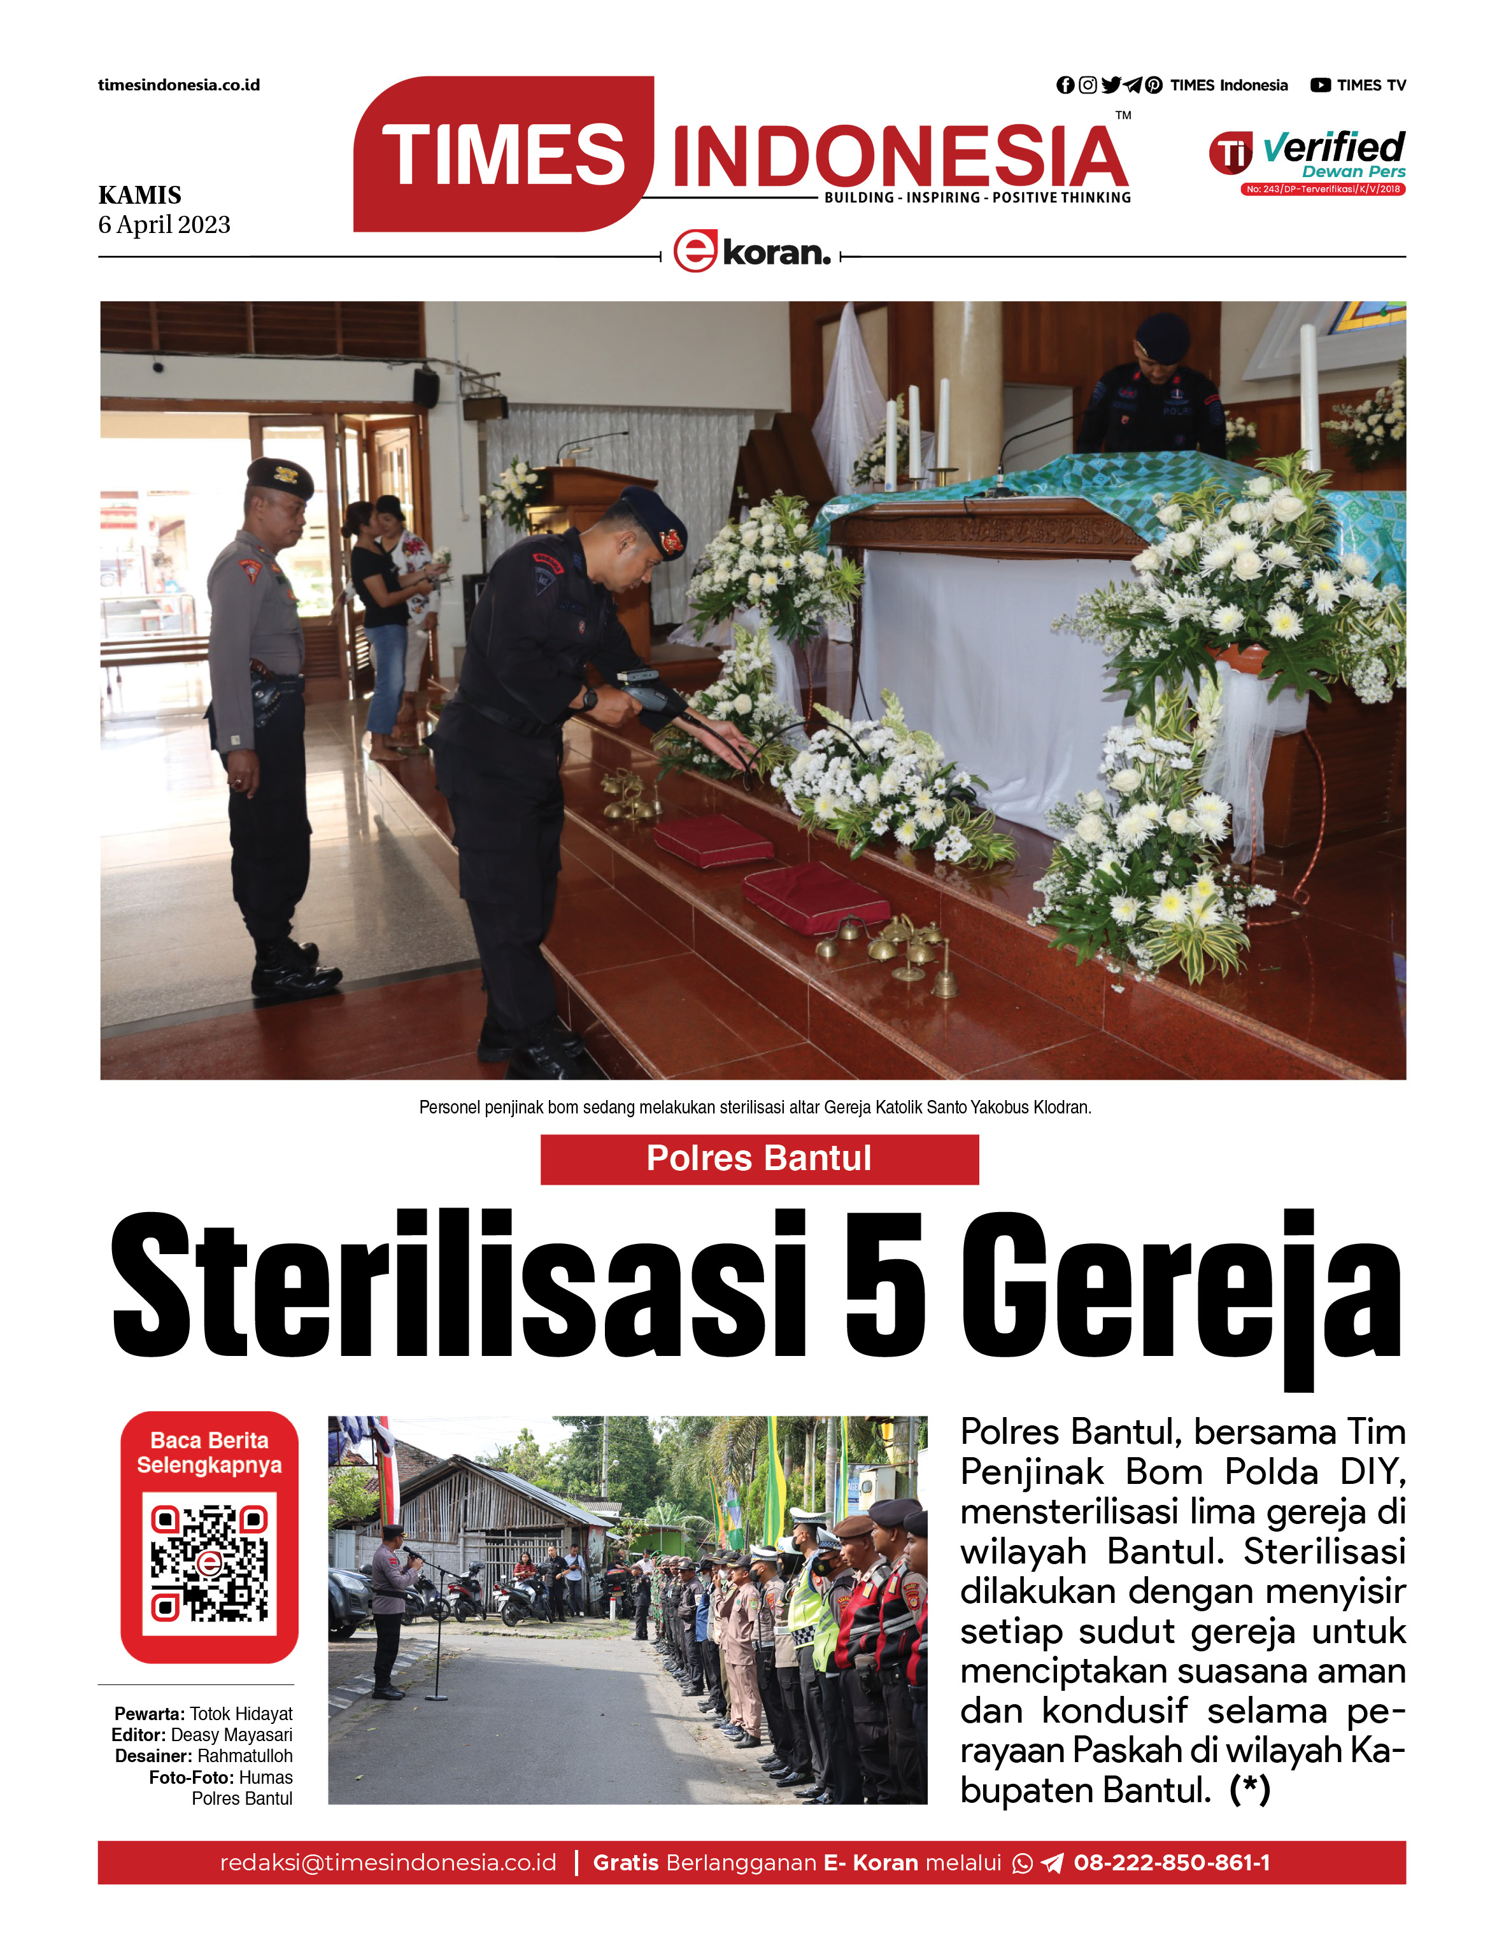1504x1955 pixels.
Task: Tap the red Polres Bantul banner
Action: click(759, 1159)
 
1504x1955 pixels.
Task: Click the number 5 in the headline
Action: click(884, 1285)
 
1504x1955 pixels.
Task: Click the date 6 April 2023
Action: click(164, 225)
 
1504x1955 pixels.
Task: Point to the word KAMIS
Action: click(139, 195)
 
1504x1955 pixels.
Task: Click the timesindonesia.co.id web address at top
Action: click(179, 85)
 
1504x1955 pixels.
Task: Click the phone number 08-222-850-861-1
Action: click(1171, 1863)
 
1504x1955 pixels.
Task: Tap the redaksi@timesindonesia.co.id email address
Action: click(388, 1863)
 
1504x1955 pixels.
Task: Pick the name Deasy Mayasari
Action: click(231, 1735)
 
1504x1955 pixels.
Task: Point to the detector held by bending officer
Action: click(646, 694)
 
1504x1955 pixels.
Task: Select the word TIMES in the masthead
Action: click(503, 155)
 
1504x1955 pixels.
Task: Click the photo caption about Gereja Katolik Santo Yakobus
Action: click(755, 1107)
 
